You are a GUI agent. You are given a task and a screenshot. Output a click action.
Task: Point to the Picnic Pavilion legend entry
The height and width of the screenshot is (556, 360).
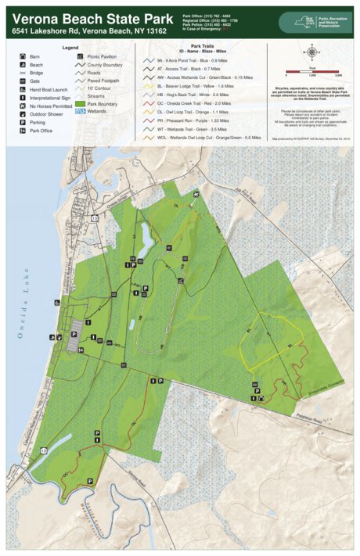(102, 56)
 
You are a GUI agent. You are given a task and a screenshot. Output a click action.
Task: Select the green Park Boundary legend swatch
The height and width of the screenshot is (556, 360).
(81, 103)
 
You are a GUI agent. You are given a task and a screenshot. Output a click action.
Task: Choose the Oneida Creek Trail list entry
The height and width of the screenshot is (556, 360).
(196, 102)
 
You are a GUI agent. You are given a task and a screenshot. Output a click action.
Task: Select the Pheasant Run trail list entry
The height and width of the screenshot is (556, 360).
(196, 120)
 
